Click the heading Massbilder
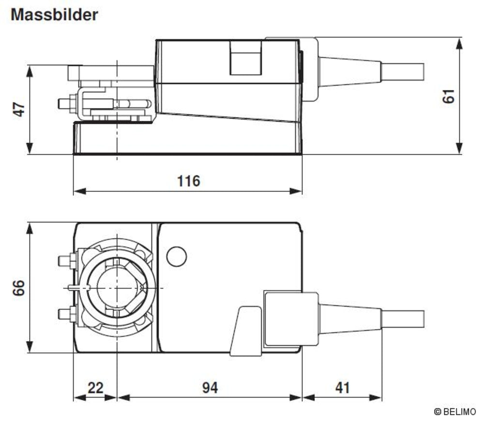pos(54,15)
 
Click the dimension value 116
pos(189,181)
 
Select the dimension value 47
pos(19,109)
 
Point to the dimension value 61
pos(449,96)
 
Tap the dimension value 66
pos(19,288)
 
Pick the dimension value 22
pos(95,388)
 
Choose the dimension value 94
pos(210,388)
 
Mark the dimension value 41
pos(342,388)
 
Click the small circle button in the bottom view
pos(177,257)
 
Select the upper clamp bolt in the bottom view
pos(68,261)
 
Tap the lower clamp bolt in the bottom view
pos(68,314)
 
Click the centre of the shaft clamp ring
pos(117,288)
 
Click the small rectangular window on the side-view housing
pos(246,58)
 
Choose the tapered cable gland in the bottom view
pos(350,319)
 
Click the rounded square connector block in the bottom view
pos(291,319)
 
